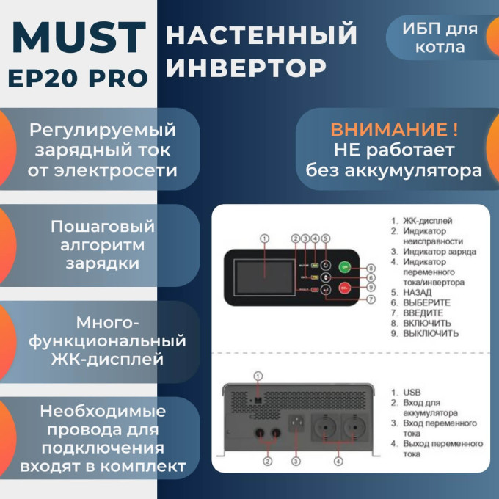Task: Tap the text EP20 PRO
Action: tap(79, 79)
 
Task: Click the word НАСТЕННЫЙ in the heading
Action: tap(262, 34)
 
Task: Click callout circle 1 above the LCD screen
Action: tap(265, 238)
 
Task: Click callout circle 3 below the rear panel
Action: tap(296, 462)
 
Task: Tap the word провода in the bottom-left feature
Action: tap(73, 429)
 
